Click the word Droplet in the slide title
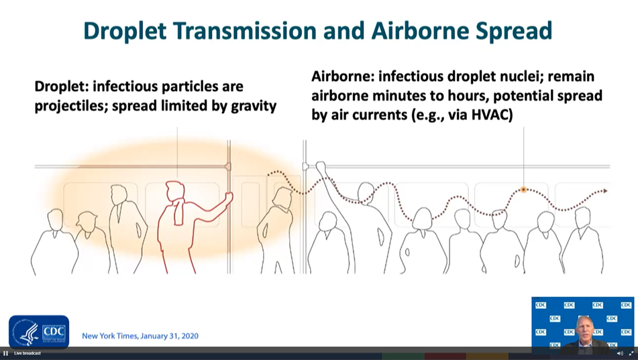125,31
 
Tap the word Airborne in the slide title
420,31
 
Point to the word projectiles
71,106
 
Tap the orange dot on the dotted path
524,190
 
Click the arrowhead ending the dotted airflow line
605,190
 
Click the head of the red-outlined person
176,191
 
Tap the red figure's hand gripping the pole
229,197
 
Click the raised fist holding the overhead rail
321,166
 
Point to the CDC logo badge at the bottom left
39,332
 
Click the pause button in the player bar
5,353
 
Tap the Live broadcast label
28,353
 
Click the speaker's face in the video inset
584,328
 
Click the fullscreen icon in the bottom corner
631,353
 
